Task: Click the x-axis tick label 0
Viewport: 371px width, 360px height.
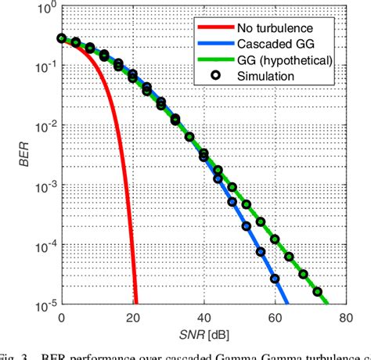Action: [x=61, y=318]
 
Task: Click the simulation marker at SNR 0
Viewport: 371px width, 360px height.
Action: [x=61, y=38]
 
